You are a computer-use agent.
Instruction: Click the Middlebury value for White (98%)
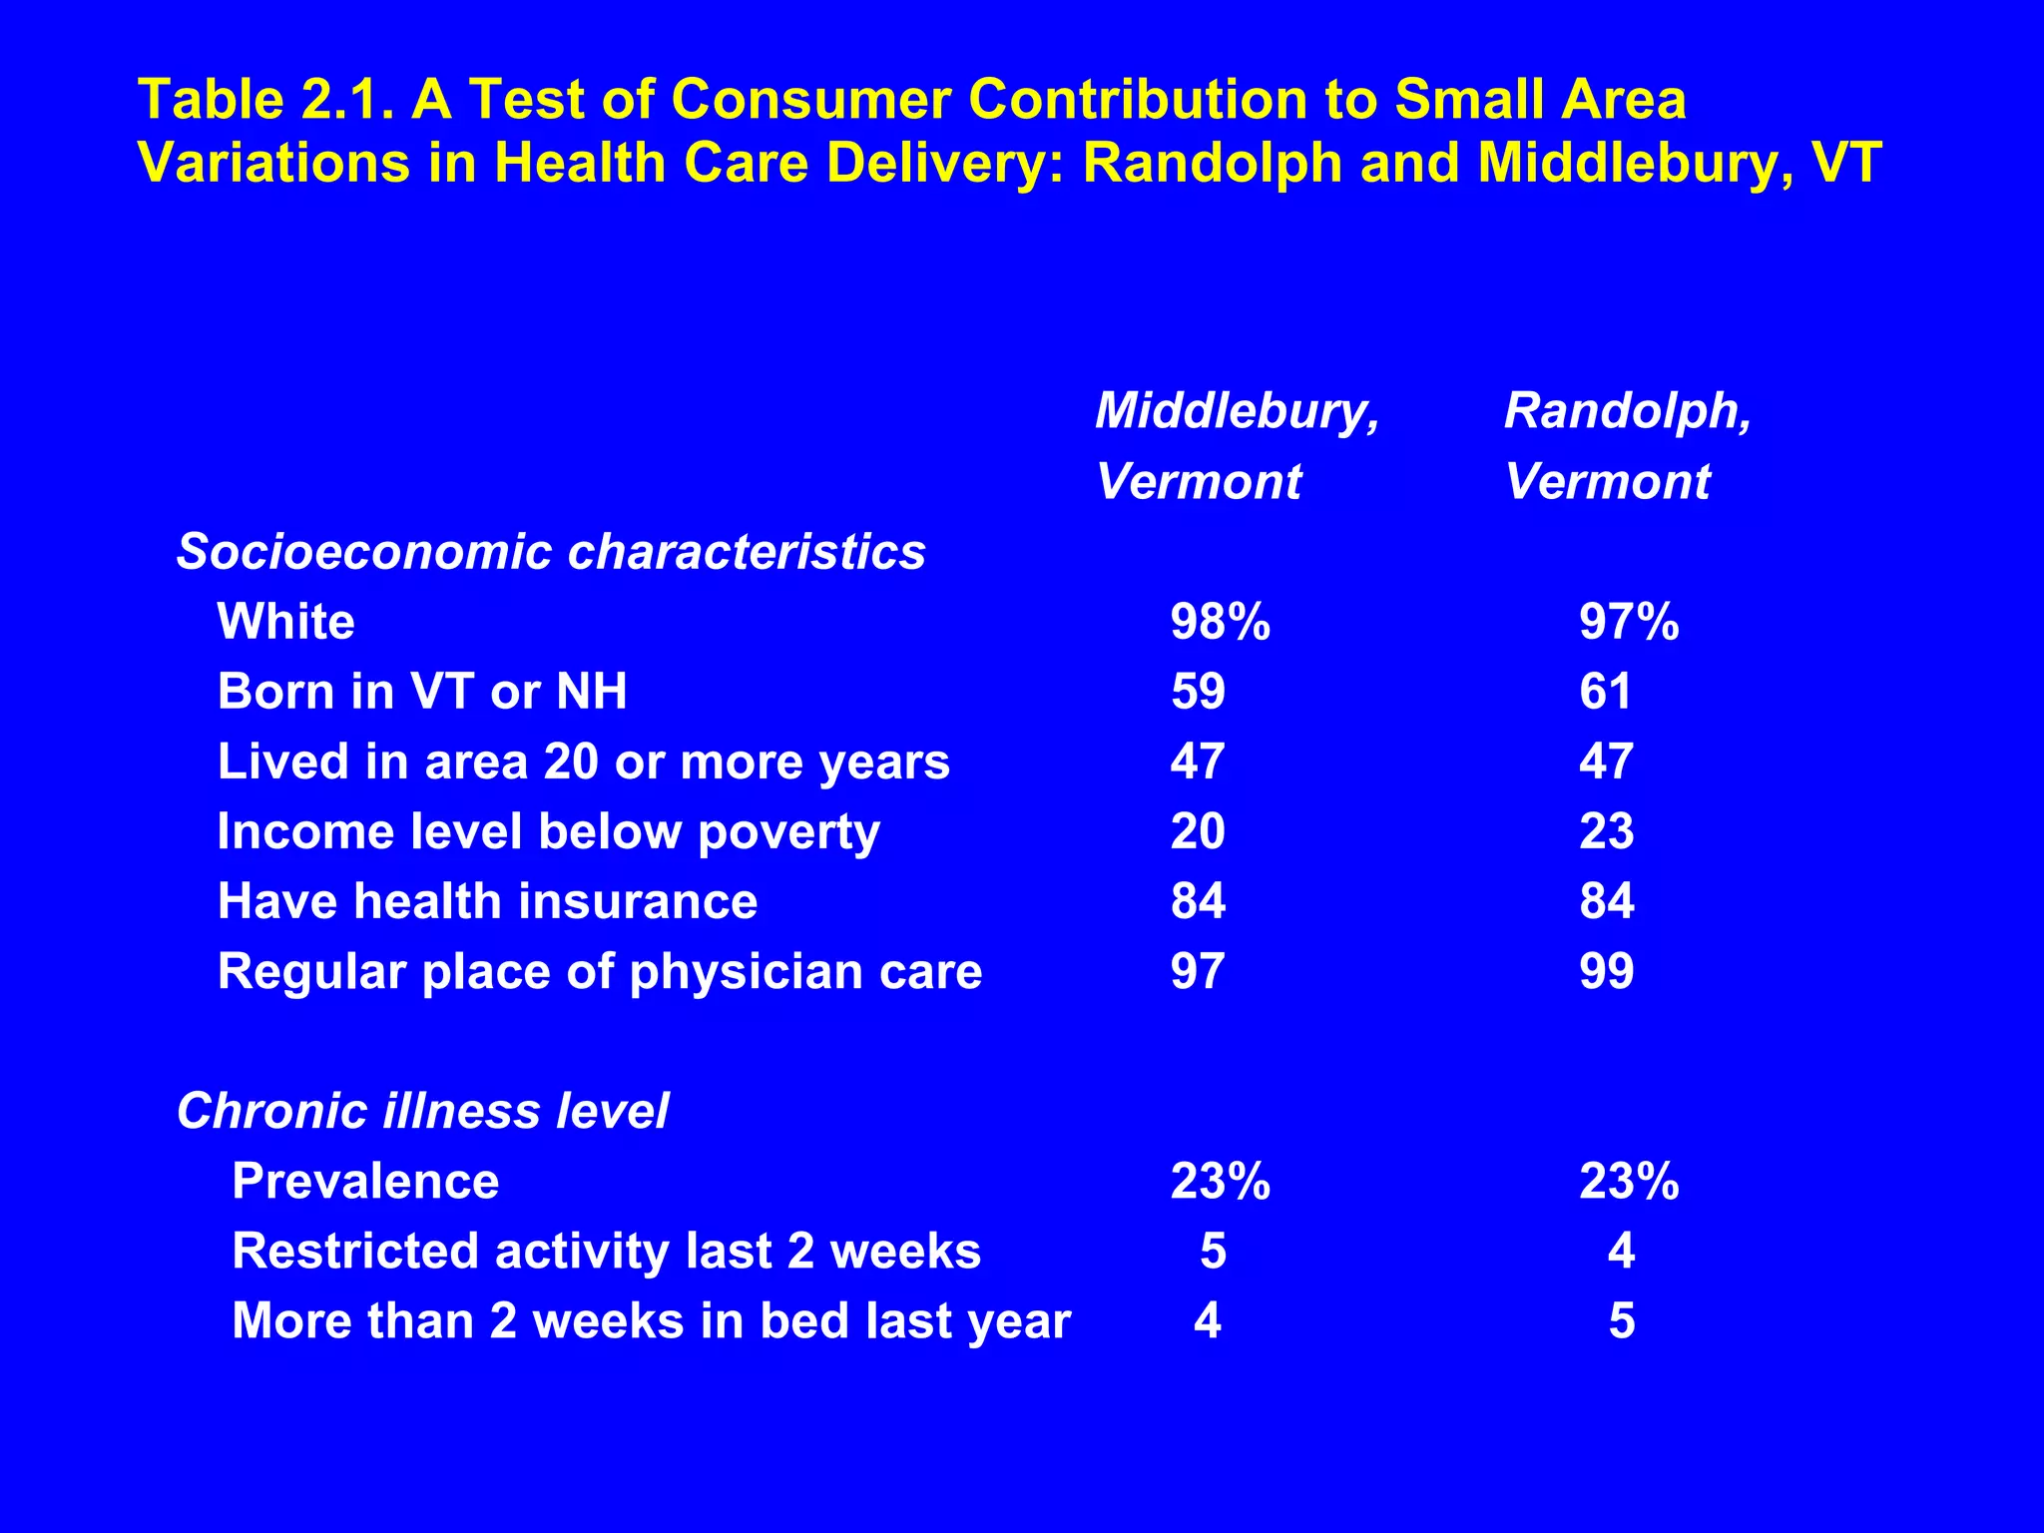(1220, 622)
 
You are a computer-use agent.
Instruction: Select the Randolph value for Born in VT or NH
(1605, 692)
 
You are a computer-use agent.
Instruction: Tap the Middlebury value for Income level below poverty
(1198, 831)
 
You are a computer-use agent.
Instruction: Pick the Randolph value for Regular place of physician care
(1606, 971)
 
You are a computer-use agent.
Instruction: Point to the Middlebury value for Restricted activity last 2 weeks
(1213, 1251)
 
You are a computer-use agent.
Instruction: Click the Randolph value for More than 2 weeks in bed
(1622, 1320)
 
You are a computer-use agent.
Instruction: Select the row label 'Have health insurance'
(487, 901)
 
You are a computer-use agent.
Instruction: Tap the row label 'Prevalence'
(365, 1181)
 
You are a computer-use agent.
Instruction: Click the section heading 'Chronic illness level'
(422, 1111)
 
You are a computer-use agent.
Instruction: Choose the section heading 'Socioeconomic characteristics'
(551, 552)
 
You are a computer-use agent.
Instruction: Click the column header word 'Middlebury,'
(1238, 411)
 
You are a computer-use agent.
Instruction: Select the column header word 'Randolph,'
(1628, 411)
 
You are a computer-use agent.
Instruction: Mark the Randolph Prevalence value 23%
(1629, 1181)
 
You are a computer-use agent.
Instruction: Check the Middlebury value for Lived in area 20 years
(1198, 762)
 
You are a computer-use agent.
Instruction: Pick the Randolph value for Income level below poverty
(1606, 831)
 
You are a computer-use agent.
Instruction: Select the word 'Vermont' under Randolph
(1607, 482)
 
